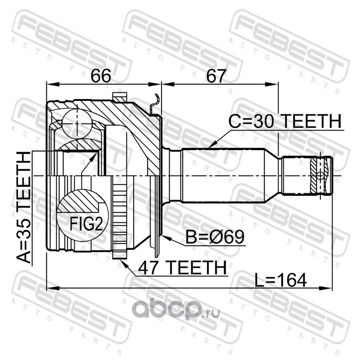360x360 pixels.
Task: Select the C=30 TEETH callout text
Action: coord(285,121)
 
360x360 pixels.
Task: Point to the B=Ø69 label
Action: coord(215,237)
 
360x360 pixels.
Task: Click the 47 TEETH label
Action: coord(182,268)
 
